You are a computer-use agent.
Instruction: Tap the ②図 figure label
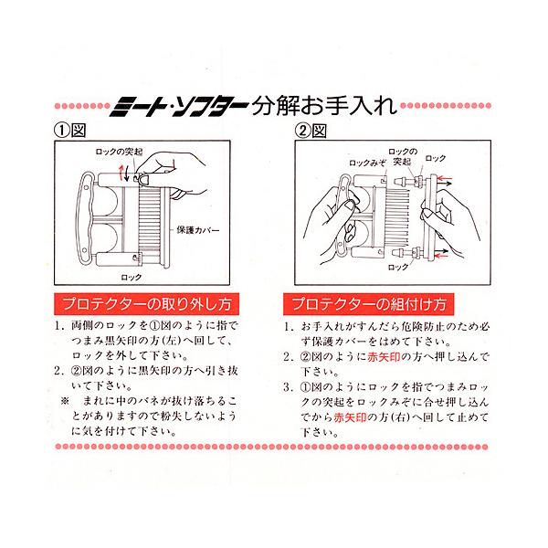click(x=310, y=131)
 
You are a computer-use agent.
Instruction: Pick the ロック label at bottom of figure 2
click(x=397, y=268)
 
